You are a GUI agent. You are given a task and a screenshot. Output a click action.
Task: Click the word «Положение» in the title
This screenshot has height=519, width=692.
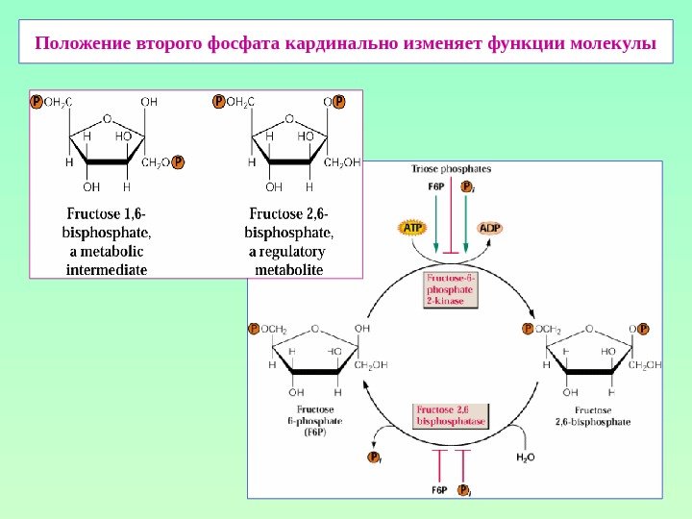(x=82, y=44)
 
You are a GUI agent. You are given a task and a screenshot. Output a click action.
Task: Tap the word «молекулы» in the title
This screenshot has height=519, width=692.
(x=611, y=44)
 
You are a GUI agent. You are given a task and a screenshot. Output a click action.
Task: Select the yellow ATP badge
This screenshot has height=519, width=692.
(x=410, y=228)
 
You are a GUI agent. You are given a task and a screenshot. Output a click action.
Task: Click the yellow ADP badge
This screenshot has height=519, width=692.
(x=490, y=228)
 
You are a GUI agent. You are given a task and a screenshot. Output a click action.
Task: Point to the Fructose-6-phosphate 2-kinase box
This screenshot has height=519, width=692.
(x=451, y=287)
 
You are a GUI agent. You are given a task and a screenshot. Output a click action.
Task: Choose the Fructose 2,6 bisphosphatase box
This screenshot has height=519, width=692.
(x=451, y=416)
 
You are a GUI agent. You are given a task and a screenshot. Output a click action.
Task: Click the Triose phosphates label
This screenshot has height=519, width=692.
(x=451, y=169)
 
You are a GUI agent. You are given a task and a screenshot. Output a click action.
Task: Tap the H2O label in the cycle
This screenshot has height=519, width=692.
(x=525, y=457)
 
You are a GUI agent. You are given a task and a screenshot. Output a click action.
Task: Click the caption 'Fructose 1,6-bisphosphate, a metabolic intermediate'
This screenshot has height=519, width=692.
(x=107, y=240)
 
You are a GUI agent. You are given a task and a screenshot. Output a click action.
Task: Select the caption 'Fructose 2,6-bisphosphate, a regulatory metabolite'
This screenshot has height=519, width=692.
(x=288, y=240)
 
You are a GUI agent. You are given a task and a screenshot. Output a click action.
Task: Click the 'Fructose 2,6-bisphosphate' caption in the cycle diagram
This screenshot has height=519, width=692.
(x=593, y=415)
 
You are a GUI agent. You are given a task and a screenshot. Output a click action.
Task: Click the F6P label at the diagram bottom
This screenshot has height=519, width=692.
(x=438, y=490)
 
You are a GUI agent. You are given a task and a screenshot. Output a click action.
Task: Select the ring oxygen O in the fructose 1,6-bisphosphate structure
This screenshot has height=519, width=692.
(x=106, y=120)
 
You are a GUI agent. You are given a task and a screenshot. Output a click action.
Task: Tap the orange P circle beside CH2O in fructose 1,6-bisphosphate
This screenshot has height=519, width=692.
(x=178, y=161)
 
